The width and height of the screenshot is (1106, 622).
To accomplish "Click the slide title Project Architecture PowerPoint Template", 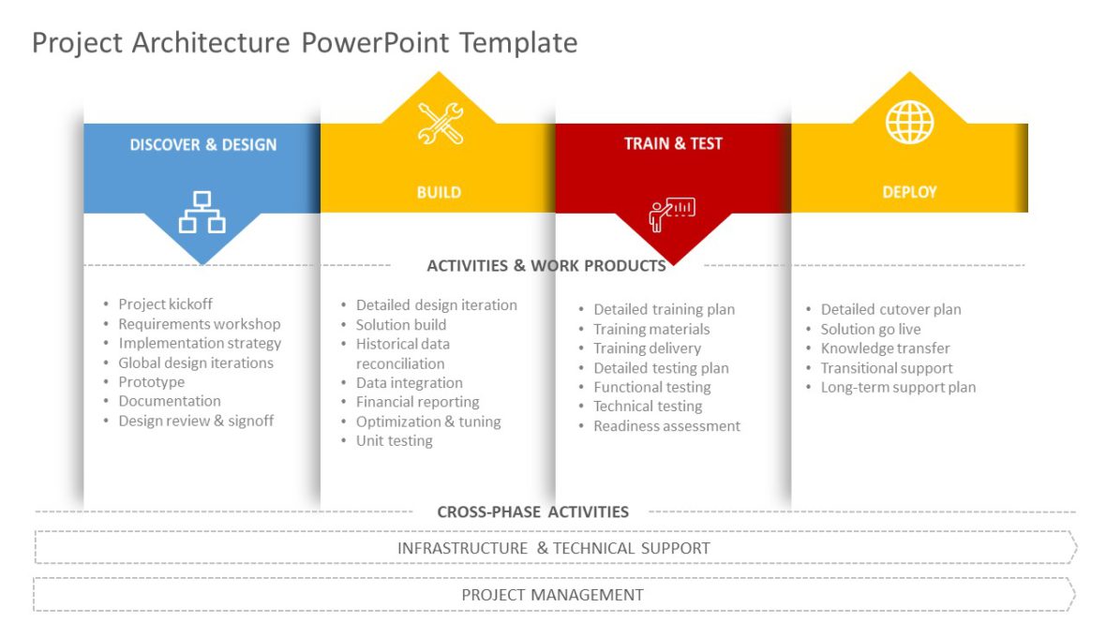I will [305, 42].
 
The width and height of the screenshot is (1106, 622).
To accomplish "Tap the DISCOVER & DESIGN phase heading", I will [202, 144].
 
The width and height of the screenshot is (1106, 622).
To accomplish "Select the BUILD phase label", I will [439, 192].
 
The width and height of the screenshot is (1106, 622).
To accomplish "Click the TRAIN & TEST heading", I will [673, 143].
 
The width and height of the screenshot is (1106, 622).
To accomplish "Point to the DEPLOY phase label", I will [909, 191].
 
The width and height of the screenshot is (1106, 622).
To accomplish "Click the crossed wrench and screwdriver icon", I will [440, 124].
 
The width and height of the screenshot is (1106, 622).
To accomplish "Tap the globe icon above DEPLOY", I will [909, 122].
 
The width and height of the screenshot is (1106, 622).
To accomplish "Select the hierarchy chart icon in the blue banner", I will [202, 212].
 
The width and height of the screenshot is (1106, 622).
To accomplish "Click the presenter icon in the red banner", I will [671, 213].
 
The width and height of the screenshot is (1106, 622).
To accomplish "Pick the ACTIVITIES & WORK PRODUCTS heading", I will [546, 265].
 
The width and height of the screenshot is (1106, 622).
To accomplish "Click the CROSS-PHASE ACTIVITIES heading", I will [532, 511].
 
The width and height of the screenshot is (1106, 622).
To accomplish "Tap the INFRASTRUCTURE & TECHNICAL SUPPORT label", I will [553, 548].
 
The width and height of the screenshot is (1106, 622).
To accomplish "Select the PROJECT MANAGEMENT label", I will [552, 595].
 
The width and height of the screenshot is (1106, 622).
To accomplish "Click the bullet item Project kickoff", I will [165, 304].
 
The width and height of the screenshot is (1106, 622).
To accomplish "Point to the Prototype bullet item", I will [151, 382].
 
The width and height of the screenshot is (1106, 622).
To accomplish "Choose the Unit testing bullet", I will [394, 441].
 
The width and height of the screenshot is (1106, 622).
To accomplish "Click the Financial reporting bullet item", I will [417, 402].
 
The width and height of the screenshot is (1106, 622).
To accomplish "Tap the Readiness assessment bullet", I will [666, 426].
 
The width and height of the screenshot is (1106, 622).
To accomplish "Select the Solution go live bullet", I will [871, 329].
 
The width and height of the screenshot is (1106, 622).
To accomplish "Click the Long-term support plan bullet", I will [898, 388].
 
